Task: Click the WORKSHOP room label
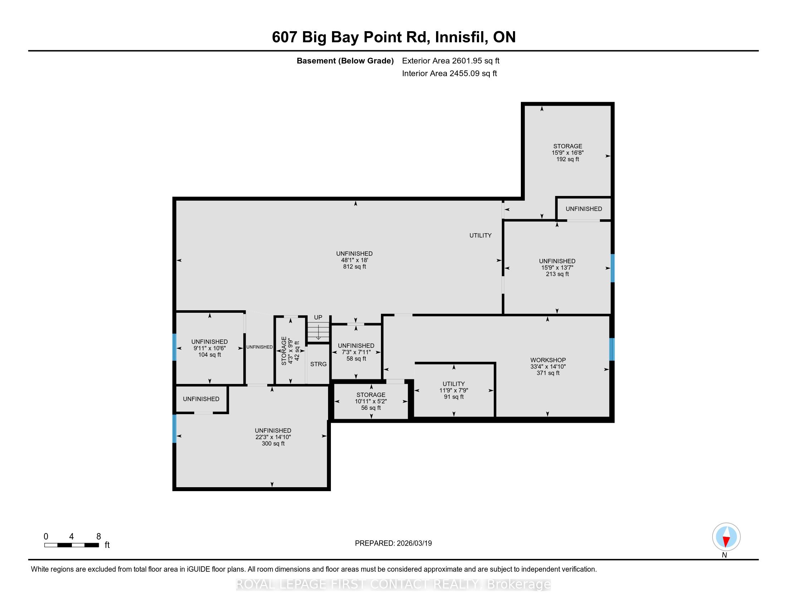(x=548, y=360)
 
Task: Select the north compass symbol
(x=726, y=537)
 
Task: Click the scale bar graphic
(x=72, y=545)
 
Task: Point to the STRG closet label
(x=318, y=364)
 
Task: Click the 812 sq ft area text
(x=355, y=267)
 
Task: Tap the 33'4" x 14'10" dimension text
(x=548, y=366)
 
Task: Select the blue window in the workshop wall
(x=611, y=349)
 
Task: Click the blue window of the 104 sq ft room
(x=175, y=347)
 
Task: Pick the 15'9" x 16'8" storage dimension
(x=568, y=153)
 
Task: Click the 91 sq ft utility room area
(x=454, y=397)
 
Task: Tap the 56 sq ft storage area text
(x=371, y=408)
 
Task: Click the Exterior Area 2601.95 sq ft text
(x=451, y=61)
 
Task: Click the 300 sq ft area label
(x=273, y=443)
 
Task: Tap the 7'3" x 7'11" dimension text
(x=356, y=352)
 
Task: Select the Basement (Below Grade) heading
(x=345, y=61)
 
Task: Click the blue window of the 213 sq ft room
(x=612, y=268)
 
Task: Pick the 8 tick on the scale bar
(x=99, y=537)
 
